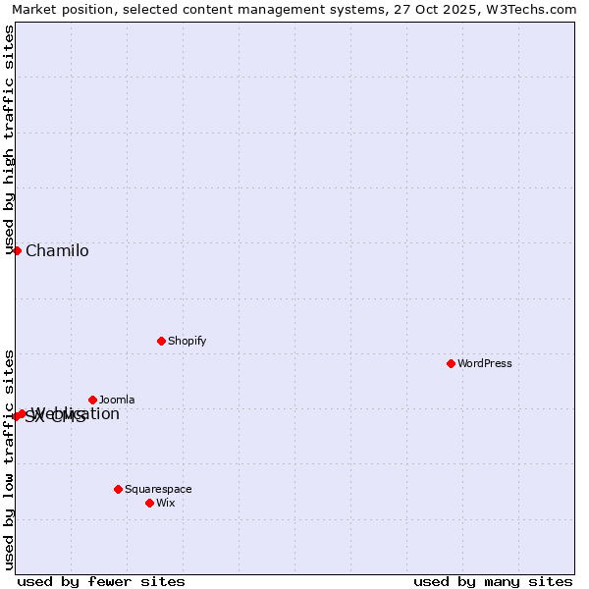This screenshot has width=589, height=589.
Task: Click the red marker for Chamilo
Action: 17,250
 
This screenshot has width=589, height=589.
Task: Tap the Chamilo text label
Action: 57,251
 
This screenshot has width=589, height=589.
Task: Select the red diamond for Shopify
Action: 161,341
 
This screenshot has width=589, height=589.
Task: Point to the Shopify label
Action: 187,341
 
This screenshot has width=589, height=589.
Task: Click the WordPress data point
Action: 451,363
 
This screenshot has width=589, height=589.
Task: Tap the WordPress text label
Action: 485,363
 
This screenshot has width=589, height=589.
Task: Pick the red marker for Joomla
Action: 92,400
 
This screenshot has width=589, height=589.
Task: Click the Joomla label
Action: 117,400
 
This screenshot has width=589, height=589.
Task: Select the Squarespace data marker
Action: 118,489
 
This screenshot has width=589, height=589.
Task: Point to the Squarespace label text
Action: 158,489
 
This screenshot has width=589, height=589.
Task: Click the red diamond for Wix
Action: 149,503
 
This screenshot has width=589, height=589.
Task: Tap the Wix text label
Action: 165,503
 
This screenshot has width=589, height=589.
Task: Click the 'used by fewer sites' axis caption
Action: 101,581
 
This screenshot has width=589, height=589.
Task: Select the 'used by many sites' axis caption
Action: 493,581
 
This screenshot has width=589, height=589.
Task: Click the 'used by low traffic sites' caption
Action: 9,459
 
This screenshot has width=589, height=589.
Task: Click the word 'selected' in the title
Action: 149,9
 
